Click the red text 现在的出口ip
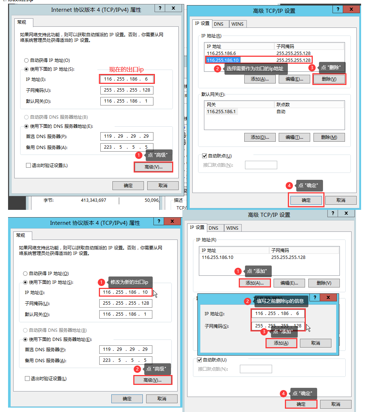pyautogui.click(x=126, y=69)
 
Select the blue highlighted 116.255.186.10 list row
pyautogui.click(x=223, y=60)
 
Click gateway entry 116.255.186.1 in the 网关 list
pyautogui.click(x=221, y=112)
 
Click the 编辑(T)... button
pyautogui.click(x=294, y=137)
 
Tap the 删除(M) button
pyautogui.click(x=329, y=137)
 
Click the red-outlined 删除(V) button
pyautogui.click(x=329, y=79)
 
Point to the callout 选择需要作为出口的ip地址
pyautogui.click(x=256, y=69)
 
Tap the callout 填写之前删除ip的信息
pyautogui.click(x=281, y=301)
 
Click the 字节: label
pyautogui.click(x=48, y=200)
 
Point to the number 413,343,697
pyautogui.click(x=93, y=200)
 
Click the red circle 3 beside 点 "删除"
pyautogui.click(x=312, y=67)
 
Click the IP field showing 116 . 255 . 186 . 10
pyautogui.click(x=126, y=292)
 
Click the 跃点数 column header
pyautogui.click(x=283, y=105)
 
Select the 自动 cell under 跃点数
pyautogui.click(x=281, y=112)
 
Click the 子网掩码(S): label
pyautogui.click(x=217, y=326)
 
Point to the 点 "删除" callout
pyautogui.click(x=332, y=67)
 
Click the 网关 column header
pyautogui.click(x=211, y=105)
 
